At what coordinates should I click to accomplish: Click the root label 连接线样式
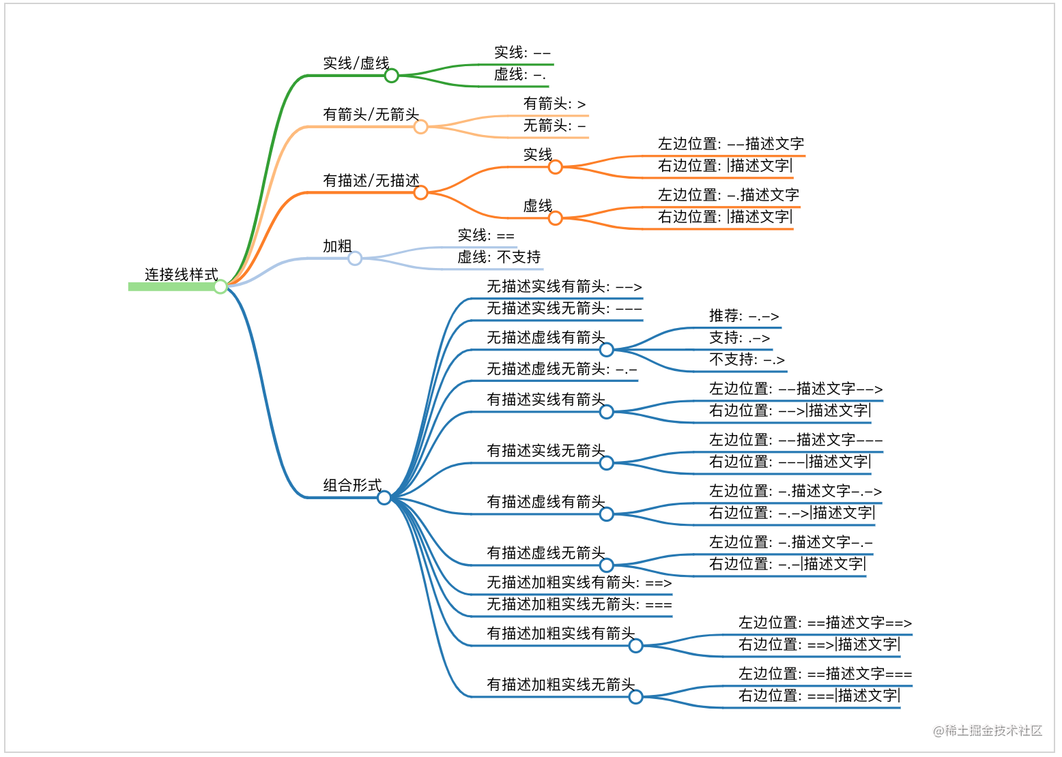pos(181,275)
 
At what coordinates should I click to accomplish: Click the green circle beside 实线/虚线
pos(391,76)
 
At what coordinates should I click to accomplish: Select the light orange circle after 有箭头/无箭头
pos(421,127)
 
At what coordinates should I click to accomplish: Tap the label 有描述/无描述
pos(371,181)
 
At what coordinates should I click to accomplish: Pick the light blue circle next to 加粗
pos(355,258)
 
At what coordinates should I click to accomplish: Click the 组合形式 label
pos(351,486)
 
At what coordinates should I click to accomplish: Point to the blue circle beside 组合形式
pos(384,498)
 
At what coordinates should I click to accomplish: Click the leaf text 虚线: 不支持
pos(498,257)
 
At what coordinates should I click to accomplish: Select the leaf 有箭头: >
pos(554,104)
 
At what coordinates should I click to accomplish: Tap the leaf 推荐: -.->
pos(743,316)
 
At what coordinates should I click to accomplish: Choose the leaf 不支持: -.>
pos(746,359)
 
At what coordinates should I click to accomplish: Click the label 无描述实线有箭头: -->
pos(564,286)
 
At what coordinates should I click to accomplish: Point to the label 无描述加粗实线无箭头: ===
pos(579,604)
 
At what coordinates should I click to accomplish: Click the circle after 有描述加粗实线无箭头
pos(636,697)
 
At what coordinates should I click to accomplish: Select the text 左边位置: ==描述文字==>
pos(824,623)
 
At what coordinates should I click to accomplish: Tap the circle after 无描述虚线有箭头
pos(607,350)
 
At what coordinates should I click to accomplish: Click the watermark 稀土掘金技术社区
pos(988,731)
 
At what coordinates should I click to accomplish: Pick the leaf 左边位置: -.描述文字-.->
pos(795,491)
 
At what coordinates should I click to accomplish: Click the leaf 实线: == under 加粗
pos(485,235)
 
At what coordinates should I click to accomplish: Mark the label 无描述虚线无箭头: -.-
pos(562,369)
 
